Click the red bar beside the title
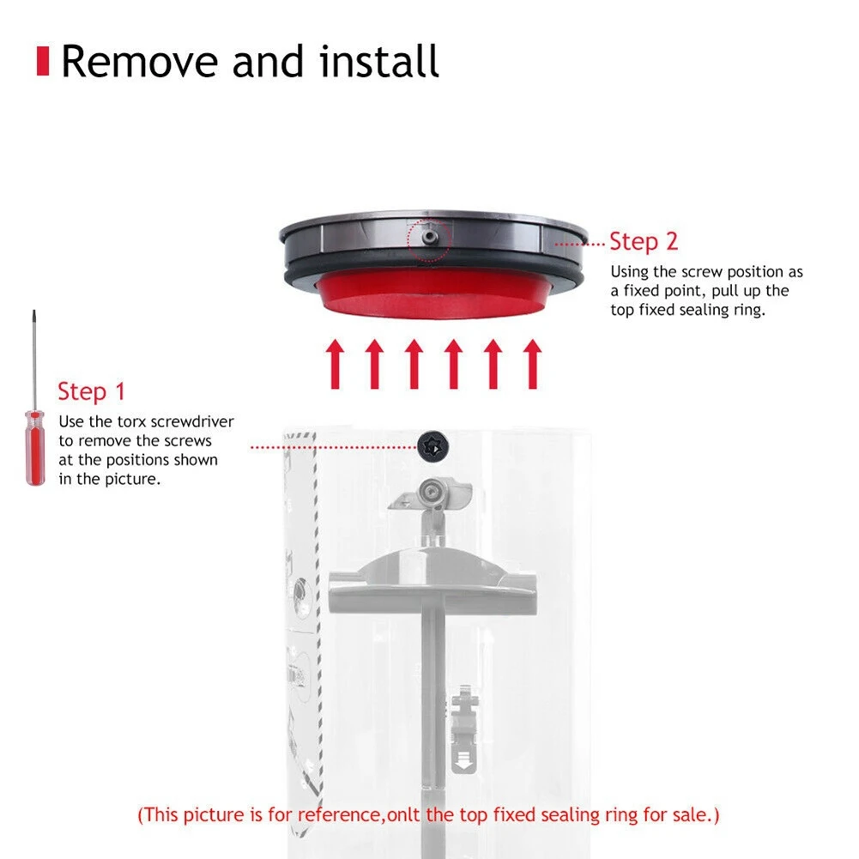(41, 62)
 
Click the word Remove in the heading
(136, 62)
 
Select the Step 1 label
(91, 392)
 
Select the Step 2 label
(643, 243)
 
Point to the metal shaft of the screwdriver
(34, 360)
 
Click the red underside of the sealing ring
(433, 297)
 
